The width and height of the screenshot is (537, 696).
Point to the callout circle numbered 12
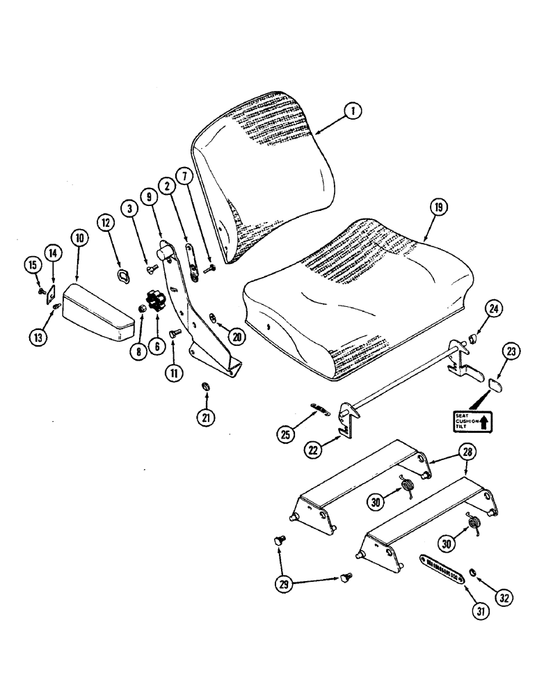(x=106, y=223)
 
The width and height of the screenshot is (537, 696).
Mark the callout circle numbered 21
(x=207, y=418)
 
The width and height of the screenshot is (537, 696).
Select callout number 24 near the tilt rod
(x=493, y=308)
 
